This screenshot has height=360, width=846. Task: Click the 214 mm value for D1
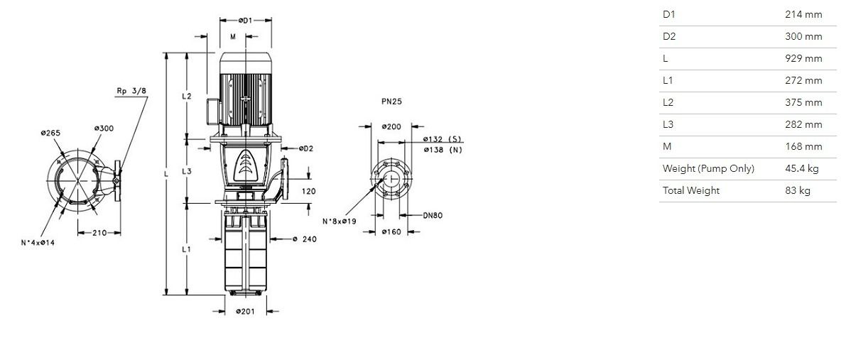coord(803,15)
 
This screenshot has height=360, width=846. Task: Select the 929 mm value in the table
coord(803,58)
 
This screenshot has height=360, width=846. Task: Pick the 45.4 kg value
coord(802,168)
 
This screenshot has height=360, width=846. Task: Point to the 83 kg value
coord(798,190)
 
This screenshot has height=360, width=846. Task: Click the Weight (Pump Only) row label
coord(708,168)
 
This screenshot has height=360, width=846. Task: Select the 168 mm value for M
coord(803,146)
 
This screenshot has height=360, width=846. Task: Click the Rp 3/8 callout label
coord(131,91)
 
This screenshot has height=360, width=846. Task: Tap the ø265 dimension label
coord(50,133)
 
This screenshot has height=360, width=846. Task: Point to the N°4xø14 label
coord(38,242)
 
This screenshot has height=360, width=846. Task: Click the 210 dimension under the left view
coord(99,233)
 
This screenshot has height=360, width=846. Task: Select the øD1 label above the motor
coord(246,21)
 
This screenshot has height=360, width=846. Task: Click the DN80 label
coord(432,215)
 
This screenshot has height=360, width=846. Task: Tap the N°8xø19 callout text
coord(340,222)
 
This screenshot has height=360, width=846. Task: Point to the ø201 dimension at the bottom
coord(246,312)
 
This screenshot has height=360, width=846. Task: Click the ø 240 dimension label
coord(305,239)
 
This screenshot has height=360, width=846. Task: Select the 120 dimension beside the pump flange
coord(308,191)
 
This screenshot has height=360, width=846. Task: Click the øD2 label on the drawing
coord(305,148)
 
